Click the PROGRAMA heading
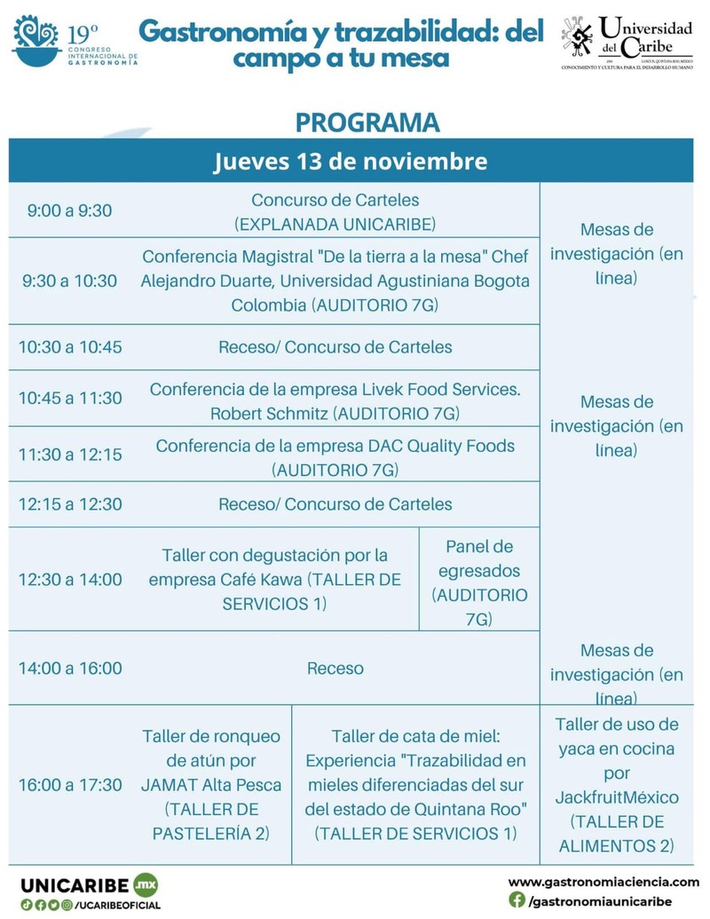pyautogui.click(x=367, y=122)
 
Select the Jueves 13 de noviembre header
pyautogui.click(x=351, y=162)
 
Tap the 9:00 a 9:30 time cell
pyautogui.click(x=69, y=210)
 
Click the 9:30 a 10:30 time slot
pyautogui.click(x=69, y=281)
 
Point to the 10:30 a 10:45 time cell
pyautogui.click(x=70, y=347)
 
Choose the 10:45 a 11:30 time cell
pyautogui.click(x=70, y=398)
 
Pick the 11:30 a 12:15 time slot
pyautogui.click(x=70, y=454)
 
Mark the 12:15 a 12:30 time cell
pyautogui.click(x=70, y=504)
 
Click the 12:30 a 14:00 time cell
pyautogui.click(x=70, y=579)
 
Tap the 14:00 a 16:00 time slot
pyautogui.click(x=70, y=668)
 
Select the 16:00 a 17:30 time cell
pyautogui.click(x=70, y=785)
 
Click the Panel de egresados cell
pyautogui.click(x=479, y=582)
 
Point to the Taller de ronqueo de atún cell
pyautogui.click(x=211, y=785)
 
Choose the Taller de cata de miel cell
pyautogui.click(x=415, y=785)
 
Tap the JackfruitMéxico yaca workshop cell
pyautogui.click(x=617, y=785)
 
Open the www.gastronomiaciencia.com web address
pyautogui.click(x=603, y=882)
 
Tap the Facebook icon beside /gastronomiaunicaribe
pyautogui.click(x=517, y=900)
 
